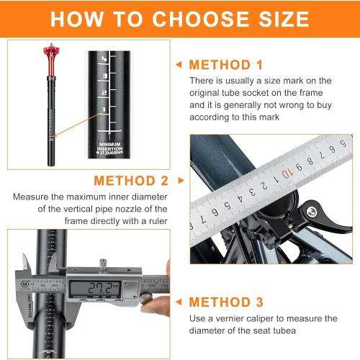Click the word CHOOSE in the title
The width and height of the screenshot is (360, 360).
(196, 19)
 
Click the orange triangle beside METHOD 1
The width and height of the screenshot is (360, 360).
(179, 65)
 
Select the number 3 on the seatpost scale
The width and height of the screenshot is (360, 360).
(105, 75)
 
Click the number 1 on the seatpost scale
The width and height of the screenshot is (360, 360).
(105, 109)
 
